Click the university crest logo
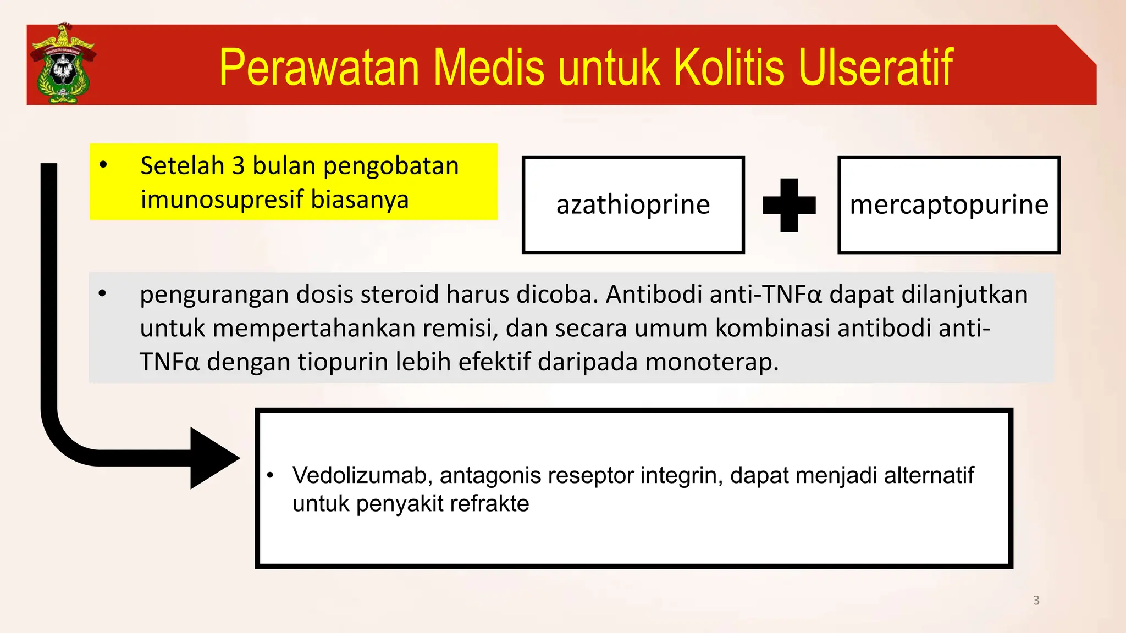pos(63,64)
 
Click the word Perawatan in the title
pos(319,68)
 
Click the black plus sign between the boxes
pos(789,205)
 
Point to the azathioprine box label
pos(633,205)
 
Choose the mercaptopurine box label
pos(949,205)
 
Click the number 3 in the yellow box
pos(238,166)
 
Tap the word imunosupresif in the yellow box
pos(222,199)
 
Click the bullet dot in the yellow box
pos(103,164)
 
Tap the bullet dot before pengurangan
pos(102,293)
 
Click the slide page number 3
pos(1036,601)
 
